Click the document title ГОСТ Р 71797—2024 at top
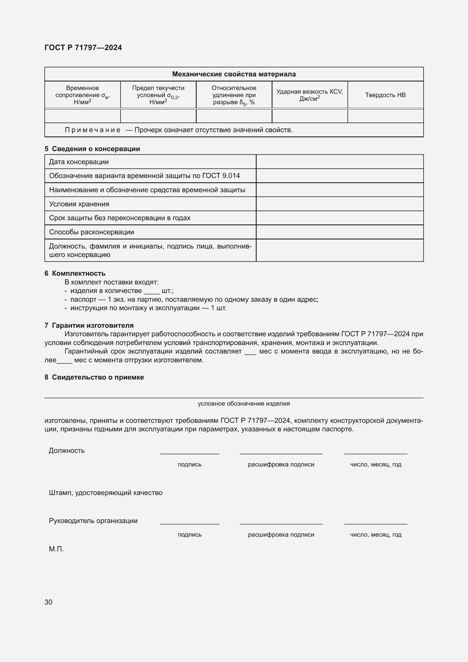coord(83,48)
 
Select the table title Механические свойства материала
coord(234,74)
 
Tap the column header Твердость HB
coord(385,95)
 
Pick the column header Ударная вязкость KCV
coord(310,95)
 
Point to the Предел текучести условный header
coord(158,95)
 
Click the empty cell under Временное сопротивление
coord(82,116)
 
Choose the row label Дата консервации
coord(79,162)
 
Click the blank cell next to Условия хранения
coord(340,204)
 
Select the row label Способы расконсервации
coord(91,232)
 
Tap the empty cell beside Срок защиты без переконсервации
coord(340,218)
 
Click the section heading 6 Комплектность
coord(75,273)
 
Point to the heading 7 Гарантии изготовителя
coord(89,325)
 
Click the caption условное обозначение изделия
coord(244,404)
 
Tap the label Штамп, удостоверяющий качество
coord(106,492)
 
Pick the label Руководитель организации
coord(93,520)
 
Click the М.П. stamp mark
coord(56,549)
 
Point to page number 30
coord(48,602)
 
